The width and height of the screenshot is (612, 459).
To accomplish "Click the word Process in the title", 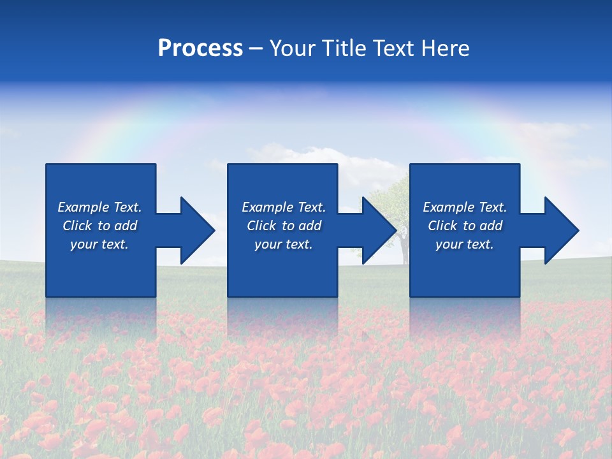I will [200, 48].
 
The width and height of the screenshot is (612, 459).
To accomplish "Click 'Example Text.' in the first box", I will [99, 207].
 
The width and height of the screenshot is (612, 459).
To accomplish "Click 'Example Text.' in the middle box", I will [284, 207].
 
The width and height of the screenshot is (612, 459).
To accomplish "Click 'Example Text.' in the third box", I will [465, 207].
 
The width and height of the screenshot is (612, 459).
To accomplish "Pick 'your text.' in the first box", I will [99, 244].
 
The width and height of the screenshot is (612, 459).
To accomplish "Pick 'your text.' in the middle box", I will [284, 244].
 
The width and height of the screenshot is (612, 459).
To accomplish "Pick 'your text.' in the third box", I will [465, 244].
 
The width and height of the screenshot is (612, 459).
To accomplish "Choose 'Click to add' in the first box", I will [99, 226].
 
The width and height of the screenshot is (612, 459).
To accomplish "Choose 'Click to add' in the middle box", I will [284, 226].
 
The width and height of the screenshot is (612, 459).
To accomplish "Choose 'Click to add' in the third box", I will [465, 226].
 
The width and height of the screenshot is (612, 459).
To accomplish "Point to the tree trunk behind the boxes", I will [404, 252].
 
